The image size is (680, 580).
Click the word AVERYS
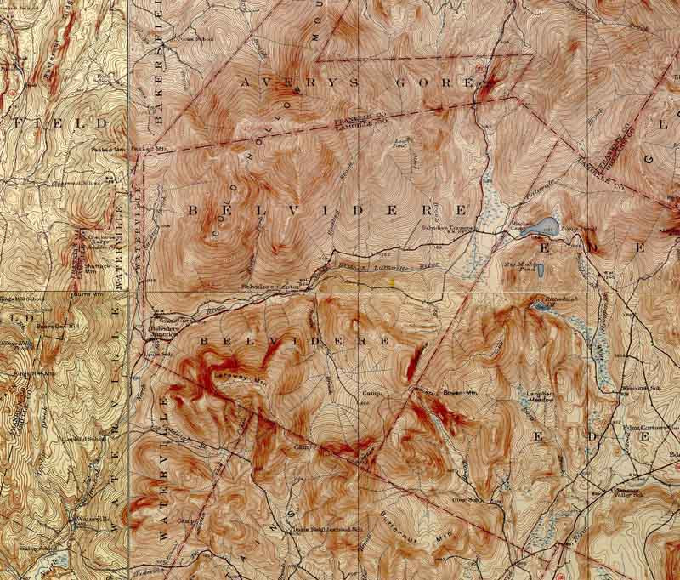point(280,82)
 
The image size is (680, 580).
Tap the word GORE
point(433,84)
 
